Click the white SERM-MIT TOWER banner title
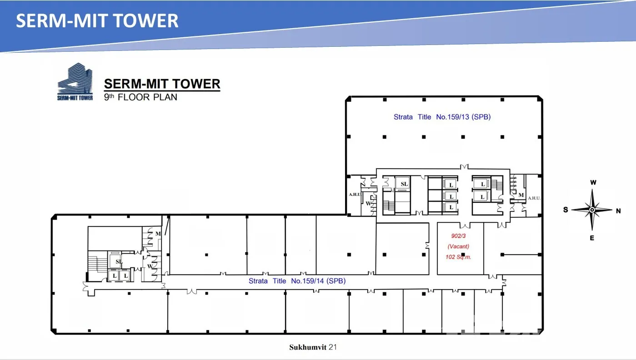(x=97, y=21)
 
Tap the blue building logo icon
(x=75, y=81)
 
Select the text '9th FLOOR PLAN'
(x=140, y=97)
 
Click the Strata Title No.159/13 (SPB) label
(x=442, y=117)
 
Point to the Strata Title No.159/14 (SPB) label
(x=297, y=281)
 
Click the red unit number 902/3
(x=458, y=236)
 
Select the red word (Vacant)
(x=458, y=246)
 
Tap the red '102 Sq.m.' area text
(x=458, y=257)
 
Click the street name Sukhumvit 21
(x=313, y=347)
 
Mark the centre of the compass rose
(x=592, y=210)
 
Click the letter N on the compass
(x=618, y=211)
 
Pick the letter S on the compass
(x=566, y=210)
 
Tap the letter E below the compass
(x=592, y=238)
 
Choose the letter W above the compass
(x=593, y=183)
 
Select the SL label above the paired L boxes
(x=119, y=261)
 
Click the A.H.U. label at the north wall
(x=534, y=198)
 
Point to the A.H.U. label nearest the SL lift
(x=355, y=195)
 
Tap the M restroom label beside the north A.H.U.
(x=521, y=195)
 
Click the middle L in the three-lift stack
(x=451, y=196)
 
